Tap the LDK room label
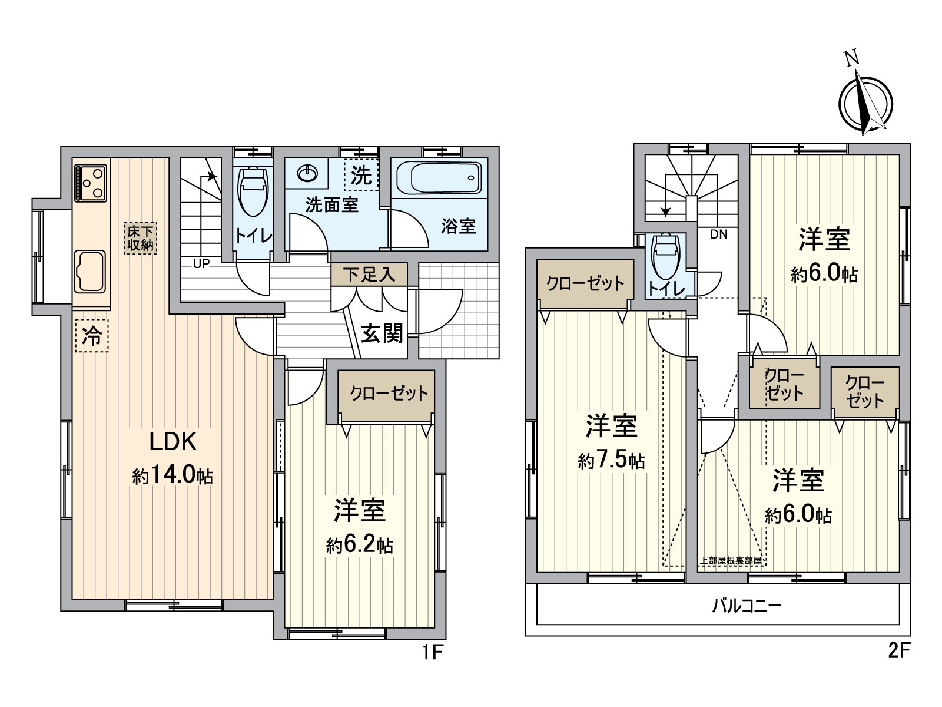pyautogui.click(x=173, y=441)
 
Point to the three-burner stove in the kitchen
pyautogui.click(x=90, y=183)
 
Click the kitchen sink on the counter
pyautogui.click(x=90, y=271)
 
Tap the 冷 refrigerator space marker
pyautogui.click(x=92, y=335)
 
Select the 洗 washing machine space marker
pyautogui.click(x=361, y=175)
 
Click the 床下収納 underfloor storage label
pyautogui.click(x=140, y=238)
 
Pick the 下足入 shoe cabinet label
pyautogui.click(x=369, y=275)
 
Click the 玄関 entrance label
pyautogui.click(x=382, y=333)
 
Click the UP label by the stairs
pyautogui.click(x=201, y=263)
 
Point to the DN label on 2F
pyautogui.click(x=719, y=234)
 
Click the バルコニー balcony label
pyautogui.click(x=747, y=606)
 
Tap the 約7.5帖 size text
pyautogui.click(x=611, y=461)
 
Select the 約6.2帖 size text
pyautogui.click(x=359, y=546)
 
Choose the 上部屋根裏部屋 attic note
pyautogui.click(x=731, y=561)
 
